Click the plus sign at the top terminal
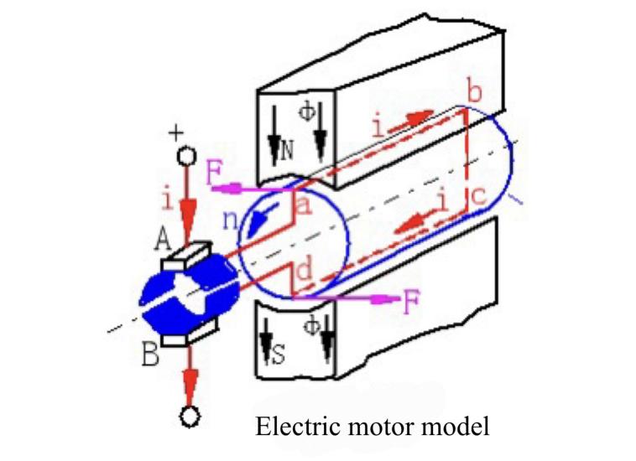[176, 132]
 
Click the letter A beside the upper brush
[164, 241]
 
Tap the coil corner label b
[475, 93]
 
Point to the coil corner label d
[306, 273]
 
